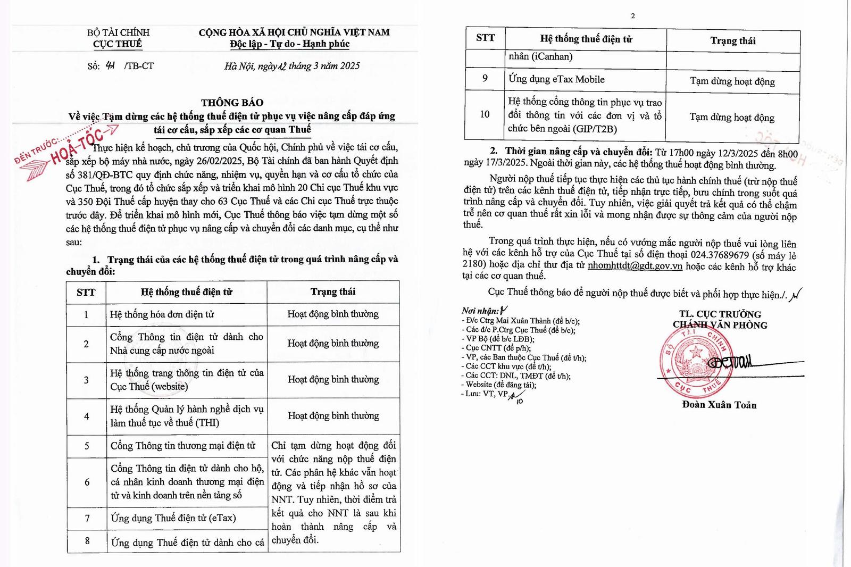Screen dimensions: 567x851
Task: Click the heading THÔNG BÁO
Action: point(232,102)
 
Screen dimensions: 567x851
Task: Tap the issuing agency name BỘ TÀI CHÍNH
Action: point(118,32)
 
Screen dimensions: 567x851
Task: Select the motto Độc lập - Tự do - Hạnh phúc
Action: point(290,44)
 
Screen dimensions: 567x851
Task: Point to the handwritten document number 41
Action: point(110,65)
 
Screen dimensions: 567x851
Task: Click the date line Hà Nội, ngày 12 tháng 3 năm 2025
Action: point(292,66)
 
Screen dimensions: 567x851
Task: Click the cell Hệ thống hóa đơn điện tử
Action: point(162,314)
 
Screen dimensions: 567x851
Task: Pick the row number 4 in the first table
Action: point(86,416)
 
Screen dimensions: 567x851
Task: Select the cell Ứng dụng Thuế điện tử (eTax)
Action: point(173,518)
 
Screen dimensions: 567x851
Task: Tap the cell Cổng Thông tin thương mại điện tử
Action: point(182,446)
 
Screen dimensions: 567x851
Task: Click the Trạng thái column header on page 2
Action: point(732,40)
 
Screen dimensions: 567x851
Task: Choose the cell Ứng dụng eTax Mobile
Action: point(556,79)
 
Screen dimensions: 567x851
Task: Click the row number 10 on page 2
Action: point(485,114)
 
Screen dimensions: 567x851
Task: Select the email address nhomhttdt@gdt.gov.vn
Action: point(635,266)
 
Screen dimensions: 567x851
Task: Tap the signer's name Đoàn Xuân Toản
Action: point(719,405)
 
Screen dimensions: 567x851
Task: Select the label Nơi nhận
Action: point(480,311)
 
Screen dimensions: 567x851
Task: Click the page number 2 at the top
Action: point(632,16)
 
